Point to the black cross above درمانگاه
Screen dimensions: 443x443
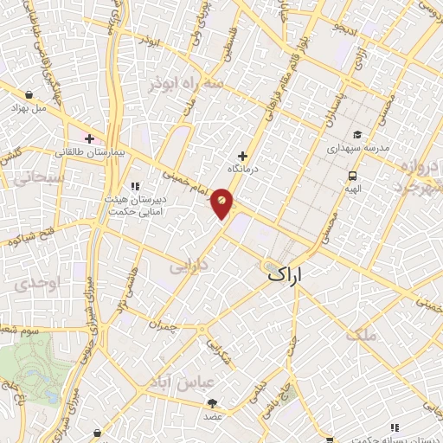(241, 157)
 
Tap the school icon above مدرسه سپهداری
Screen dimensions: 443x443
(356, 135)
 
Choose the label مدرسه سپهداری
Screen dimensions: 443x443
(356, 148)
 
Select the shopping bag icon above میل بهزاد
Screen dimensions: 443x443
(29, 95)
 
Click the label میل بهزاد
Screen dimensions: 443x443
(28, 109)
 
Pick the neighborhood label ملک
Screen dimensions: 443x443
(362, 333)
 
